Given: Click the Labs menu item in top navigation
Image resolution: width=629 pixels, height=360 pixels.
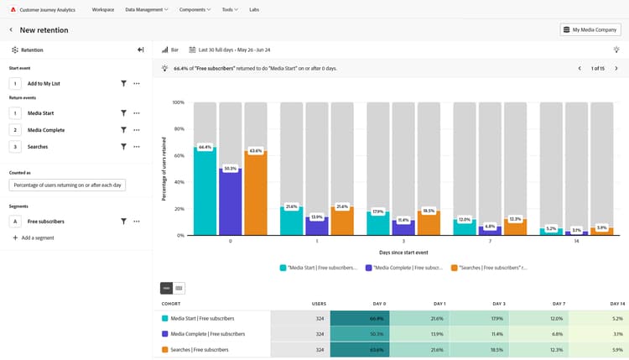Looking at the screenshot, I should click(x=254, y=9).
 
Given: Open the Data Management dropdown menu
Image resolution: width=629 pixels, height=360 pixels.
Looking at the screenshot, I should click(x=146, y=9).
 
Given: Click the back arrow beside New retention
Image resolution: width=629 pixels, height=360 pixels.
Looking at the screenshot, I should click(x=11, y=29).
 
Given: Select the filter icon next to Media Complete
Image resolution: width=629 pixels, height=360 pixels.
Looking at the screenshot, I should click(x=123, y=130).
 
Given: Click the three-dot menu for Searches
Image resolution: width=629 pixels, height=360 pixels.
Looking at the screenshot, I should click(x=137, y=147).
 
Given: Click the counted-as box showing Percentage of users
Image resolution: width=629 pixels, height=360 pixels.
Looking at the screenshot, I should click(x=67, y=185).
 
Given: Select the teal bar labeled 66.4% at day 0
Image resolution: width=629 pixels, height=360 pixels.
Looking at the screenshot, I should click(x=205, y=191).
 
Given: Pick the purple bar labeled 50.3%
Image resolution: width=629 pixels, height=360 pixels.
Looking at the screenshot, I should click(x=230, y=202).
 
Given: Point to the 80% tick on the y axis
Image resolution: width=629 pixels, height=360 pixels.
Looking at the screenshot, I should click(x=178, y=129).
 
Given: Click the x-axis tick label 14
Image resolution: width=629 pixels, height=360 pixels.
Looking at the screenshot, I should click(x=576, y=241).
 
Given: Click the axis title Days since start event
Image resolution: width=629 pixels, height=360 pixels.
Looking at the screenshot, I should click(x=403, y=252).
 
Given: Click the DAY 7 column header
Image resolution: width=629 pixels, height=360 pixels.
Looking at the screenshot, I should click(x=559, y=303).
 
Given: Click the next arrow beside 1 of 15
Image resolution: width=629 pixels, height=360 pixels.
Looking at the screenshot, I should click(x=616, y=68).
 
